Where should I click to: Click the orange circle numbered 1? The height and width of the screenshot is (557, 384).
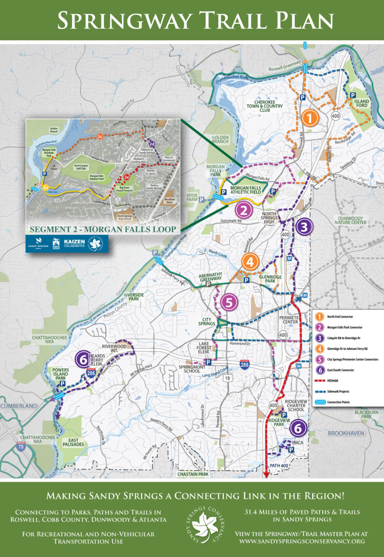(310, 118)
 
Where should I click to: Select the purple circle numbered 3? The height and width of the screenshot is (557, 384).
(305, 227)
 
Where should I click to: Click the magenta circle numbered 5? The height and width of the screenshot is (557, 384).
(229, 303)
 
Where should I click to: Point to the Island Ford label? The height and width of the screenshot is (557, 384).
(362, 103)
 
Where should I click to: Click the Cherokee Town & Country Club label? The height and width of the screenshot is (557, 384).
(264, 106)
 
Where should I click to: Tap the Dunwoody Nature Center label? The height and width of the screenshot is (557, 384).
(350, 220)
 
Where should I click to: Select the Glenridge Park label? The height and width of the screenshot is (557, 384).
(270, 279)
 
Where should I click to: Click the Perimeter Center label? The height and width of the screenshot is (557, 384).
(289, 320)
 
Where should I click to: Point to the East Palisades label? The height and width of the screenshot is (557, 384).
(73, 442)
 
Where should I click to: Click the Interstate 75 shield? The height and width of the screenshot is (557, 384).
(21, 447)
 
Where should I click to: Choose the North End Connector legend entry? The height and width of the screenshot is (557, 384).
(340, 316)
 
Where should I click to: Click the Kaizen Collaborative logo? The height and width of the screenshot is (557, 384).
(74, 243)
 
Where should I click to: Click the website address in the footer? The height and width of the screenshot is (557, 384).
(302, 541)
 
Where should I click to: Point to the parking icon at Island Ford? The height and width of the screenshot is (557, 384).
(352, 95)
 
